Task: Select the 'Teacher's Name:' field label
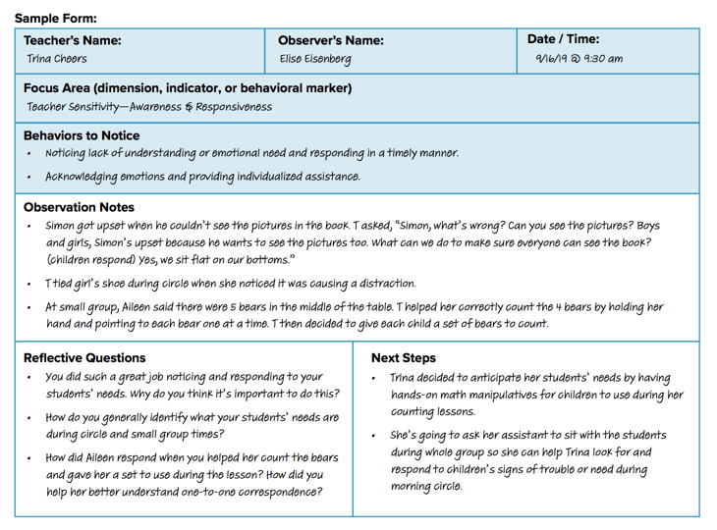[x=72, y=41]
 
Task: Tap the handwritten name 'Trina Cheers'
[x=57, y=59]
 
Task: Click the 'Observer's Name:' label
[x=331, y=41]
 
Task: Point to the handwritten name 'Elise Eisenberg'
[x=314, y=59]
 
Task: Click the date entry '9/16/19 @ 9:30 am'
[x=579, y=59]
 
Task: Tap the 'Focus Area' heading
[x=187, y=88]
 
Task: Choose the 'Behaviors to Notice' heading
[x=82, y=135]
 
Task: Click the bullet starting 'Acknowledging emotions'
[x=202, y=177]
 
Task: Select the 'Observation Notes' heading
[x=79, y=207]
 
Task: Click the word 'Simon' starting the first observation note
[x=62, y=225]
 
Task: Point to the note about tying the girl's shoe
[x=230, y=284]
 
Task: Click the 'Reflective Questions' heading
[x=84, y=358]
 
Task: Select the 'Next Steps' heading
[x=403, y=358]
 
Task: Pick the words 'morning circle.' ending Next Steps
[x=426, y=486]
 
